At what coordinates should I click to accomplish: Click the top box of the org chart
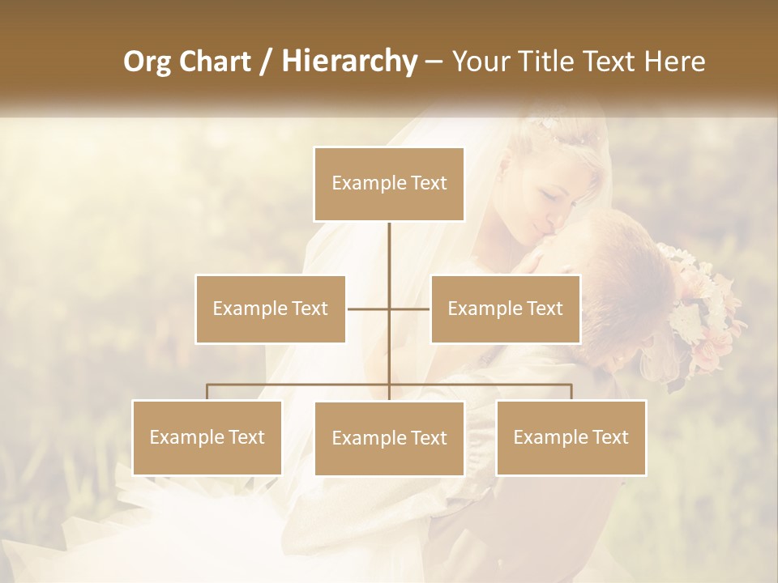coord(389,184)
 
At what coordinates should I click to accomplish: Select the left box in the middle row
coord(271,309)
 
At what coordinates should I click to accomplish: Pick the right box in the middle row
coord(505,309)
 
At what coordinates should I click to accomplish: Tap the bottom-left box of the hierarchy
coord(207,437)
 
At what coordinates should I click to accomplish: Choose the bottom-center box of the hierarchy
coord(389,438)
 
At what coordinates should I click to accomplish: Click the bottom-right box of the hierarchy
coord(571,437)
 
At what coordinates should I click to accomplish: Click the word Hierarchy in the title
coord(348,62)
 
